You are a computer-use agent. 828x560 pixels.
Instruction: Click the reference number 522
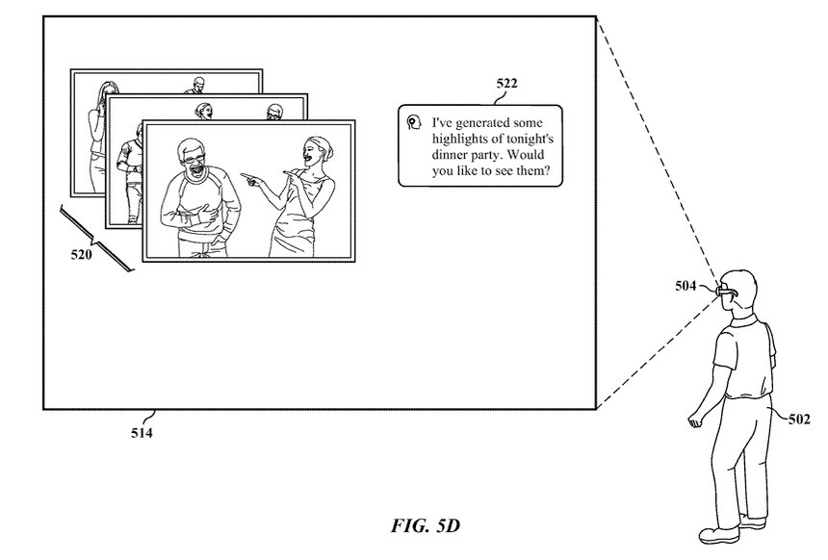pos(506,84)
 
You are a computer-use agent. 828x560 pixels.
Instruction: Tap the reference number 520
pos(81,255)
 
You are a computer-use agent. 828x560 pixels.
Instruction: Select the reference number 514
pos(142,433)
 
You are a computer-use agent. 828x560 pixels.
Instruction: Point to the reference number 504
pos(686,286)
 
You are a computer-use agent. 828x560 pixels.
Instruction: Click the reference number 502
pos(799,420)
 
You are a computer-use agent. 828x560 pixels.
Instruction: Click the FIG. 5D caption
pos(426,525)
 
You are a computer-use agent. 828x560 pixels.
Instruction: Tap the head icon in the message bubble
pos(415,123)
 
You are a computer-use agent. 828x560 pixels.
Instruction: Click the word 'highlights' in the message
pos(455,140)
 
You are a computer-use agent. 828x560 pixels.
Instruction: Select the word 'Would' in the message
pos(526,155)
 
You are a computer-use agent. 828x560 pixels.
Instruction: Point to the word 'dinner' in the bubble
pos(448,155)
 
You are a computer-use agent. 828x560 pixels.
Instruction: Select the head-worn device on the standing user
pos(724,291)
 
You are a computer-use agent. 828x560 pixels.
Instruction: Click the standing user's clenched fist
pos(694,420)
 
